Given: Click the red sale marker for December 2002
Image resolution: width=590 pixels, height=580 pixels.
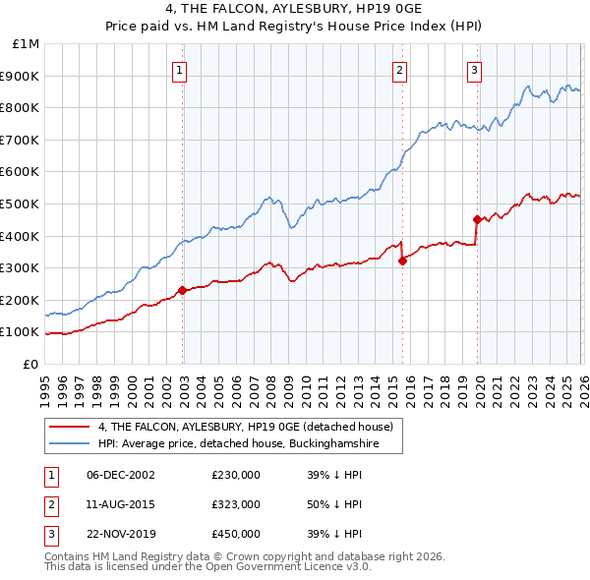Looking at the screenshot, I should (182, 290).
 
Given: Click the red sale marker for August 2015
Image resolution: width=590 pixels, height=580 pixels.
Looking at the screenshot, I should (402, 261).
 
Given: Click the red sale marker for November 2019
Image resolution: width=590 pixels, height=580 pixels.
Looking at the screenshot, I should (477, 219).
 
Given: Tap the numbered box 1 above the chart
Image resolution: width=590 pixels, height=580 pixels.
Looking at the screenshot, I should (182, 70).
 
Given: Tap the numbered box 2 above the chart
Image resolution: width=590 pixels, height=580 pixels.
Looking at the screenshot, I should (401, 70).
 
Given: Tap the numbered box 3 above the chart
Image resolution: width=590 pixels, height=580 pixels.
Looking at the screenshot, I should (475, 70).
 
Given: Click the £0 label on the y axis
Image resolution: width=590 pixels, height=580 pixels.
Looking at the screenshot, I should (29, 364).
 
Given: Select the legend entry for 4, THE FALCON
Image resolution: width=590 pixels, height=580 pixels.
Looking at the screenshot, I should (245, 427).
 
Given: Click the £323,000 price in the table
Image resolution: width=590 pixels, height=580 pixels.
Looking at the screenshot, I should (236, 504).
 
